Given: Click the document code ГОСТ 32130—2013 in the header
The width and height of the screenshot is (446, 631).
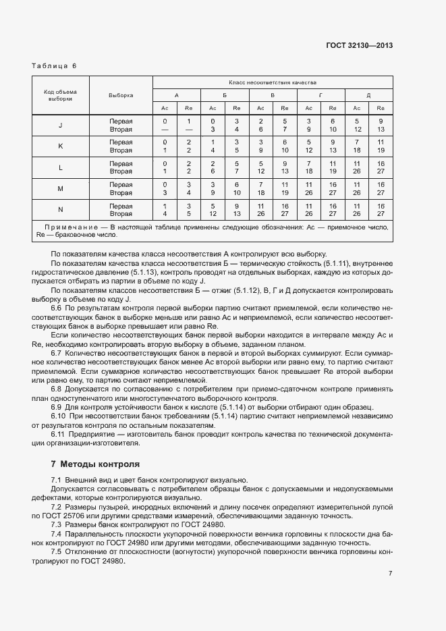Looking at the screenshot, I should click(359, 46).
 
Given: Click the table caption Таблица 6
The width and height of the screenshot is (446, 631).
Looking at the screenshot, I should click(55, 65).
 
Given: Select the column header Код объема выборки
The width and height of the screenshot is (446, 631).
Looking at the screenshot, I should click(61, 94).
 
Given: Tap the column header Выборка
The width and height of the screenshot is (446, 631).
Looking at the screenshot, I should click(121, 95).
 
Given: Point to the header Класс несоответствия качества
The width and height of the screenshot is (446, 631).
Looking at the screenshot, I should click(273, 82).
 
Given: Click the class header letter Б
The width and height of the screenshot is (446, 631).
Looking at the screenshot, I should click(225, 95).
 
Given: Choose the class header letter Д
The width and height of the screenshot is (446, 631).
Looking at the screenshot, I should click(368, 95).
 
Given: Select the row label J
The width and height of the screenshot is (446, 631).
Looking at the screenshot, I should click(61, 125).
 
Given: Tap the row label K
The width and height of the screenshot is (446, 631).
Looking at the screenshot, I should click(61, 146).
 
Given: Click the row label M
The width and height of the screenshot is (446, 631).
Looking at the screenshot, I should click(61, 188).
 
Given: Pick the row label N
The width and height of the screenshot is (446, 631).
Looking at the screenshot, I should click(61, 210).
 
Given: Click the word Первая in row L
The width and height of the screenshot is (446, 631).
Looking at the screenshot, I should click(121, 163).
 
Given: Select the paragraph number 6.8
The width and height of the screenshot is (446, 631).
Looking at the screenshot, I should click(57, 389).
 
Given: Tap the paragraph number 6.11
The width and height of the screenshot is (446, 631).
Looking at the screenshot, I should click(59, 433).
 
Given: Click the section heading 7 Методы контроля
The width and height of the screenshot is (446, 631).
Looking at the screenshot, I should click(95, 464).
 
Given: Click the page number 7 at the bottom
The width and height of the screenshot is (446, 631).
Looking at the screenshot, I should click(390, 574).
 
